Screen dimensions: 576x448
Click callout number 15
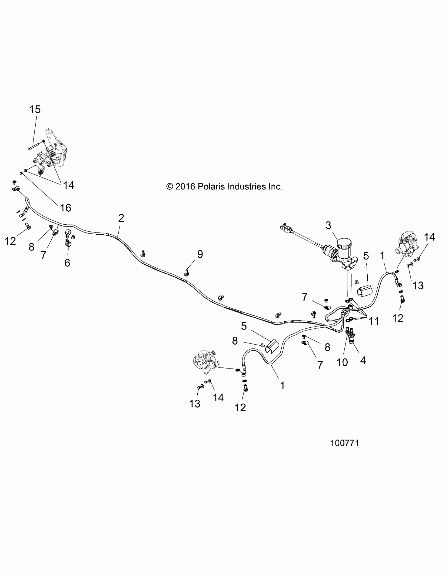pos(35,109)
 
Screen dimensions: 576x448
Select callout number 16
pos(65,208)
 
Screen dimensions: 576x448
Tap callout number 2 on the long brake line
pos(121,218)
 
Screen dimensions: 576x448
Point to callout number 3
pos(328,225)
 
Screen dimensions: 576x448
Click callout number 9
pos(200,254)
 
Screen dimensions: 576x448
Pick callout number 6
pos(67,263)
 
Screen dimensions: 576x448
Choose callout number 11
pos(374,321)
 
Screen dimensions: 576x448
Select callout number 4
pos(363,360)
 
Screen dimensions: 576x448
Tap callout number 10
pos(342,362)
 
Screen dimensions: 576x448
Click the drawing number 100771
pos(345,443)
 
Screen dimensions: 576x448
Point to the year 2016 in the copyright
pos(185,187)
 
